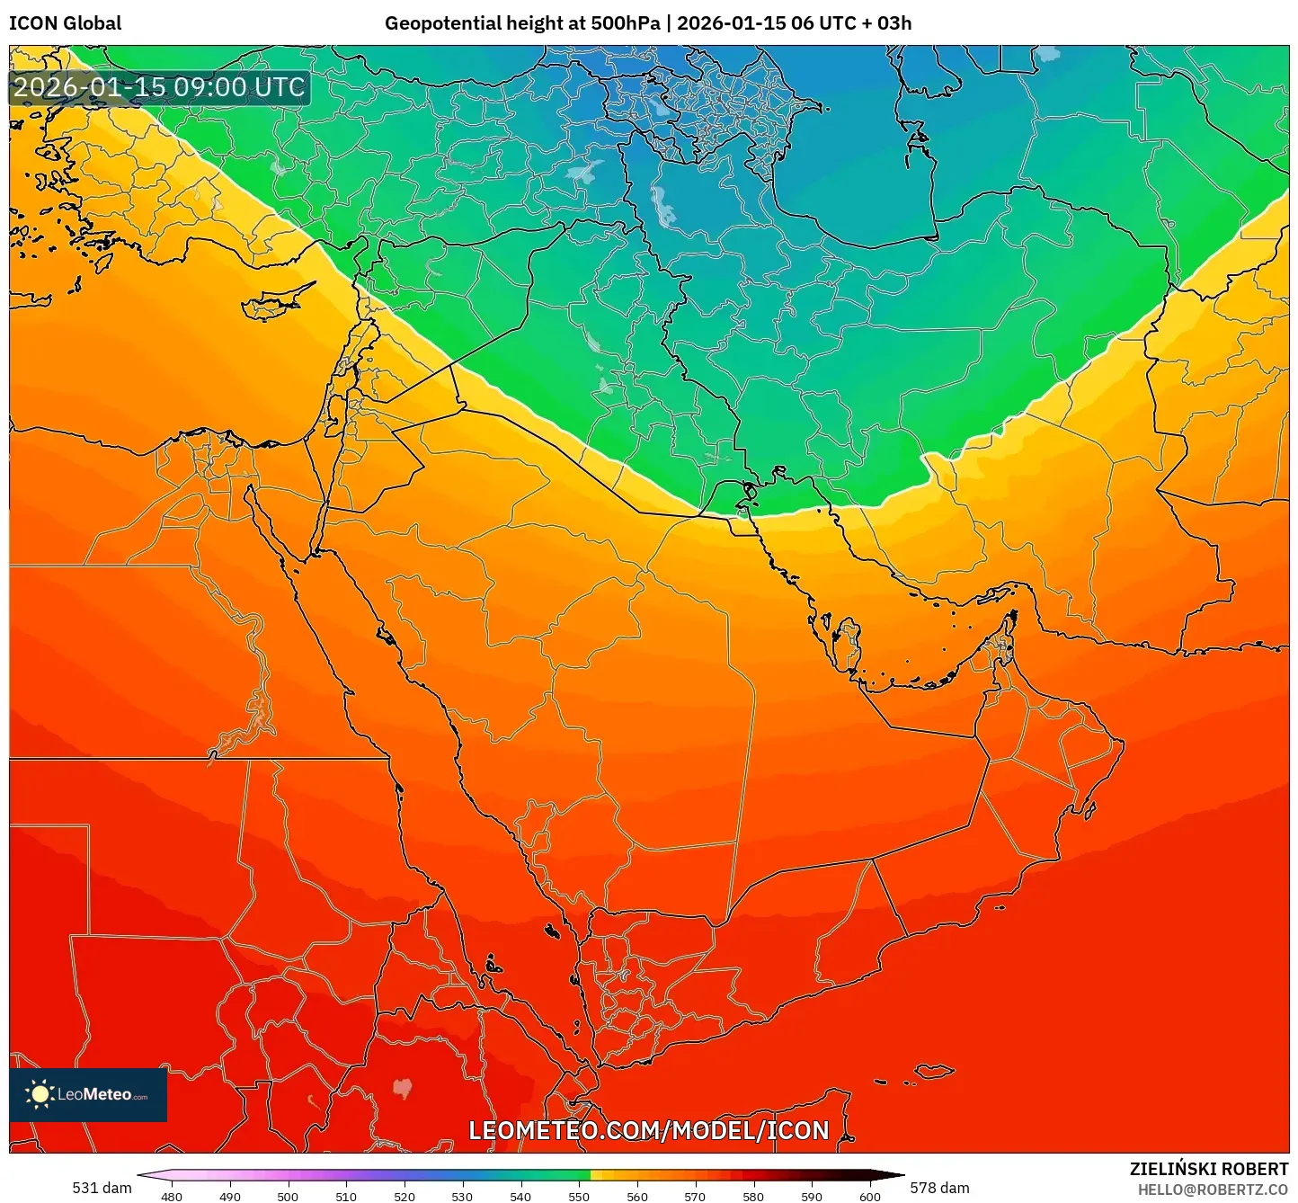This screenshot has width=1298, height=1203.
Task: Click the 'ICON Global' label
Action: tap(65, 23)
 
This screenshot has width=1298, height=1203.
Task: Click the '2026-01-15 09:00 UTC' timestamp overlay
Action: tap(159, 87)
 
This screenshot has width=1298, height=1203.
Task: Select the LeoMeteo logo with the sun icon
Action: tap(88, 1094)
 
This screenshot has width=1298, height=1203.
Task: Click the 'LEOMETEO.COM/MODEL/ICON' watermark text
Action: tap(648, 1130)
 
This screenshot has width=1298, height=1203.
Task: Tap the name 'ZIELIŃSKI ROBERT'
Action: tap(1208, 1169)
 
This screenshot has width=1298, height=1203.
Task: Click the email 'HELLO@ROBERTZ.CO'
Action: tap(1213, 1190)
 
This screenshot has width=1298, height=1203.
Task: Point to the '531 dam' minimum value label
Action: tap(102, 1188)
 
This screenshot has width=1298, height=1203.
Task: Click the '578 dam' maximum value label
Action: tap(939, 1188)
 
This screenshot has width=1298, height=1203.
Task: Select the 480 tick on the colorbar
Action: tap(171, 1196)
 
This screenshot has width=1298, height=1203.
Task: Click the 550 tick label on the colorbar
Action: tap(579, 1196)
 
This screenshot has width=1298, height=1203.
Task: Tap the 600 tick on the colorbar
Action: tap(869, 1196)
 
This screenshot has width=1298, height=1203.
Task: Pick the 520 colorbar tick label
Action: tap(404, 1196)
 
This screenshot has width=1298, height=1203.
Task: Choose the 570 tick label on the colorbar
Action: tap(695, 1196)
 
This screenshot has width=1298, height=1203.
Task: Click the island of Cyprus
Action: tap(274, 303)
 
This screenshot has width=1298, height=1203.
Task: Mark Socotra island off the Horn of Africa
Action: tap(935, 1071)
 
